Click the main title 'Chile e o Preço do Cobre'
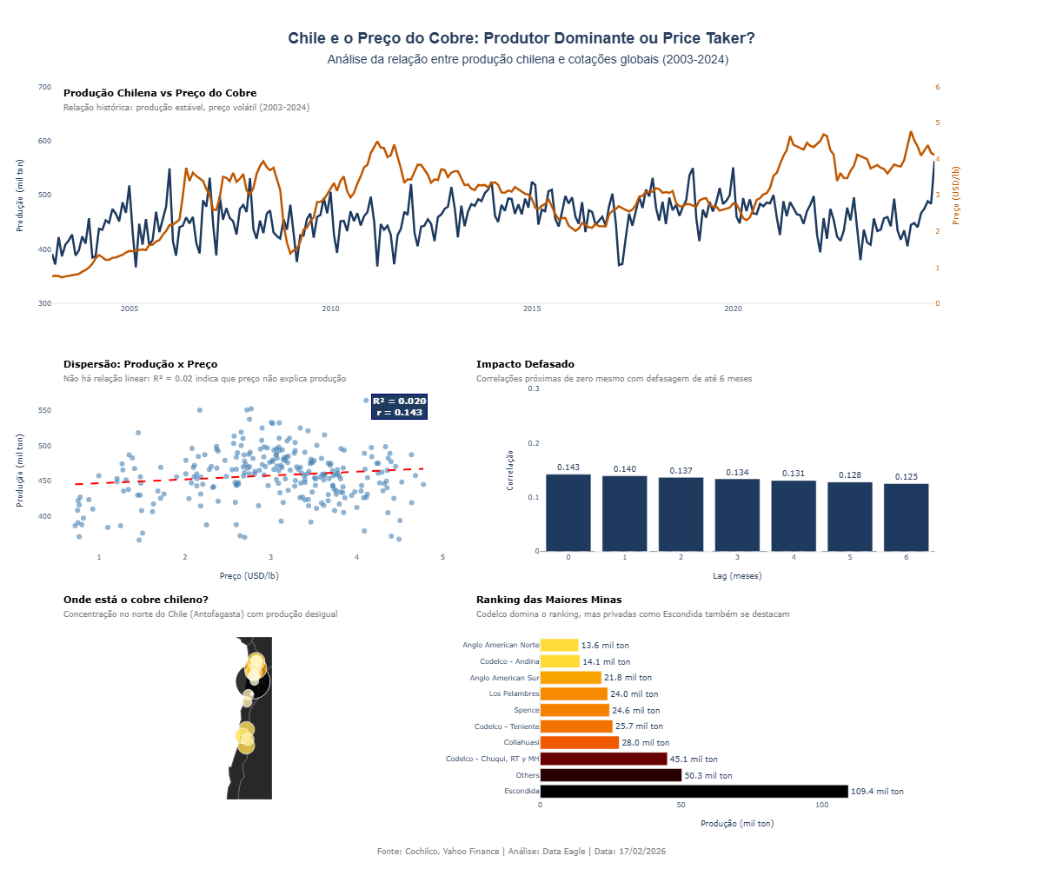pyautogui.click(x=521, y=38)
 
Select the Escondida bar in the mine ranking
pyautogui.click(x=694, y=791)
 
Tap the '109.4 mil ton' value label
pyautogui.click(x=878, y=792)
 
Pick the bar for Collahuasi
pyautogui.click(x=580, y=742)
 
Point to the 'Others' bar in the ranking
pyautogui.click(x=611, y=775)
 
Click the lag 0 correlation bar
pyautogui.click(x=568, y=513)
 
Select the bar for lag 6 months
pyautogui.click(x=907, y=517)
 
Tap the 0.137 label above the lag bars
pyautogui.click(x=681, y=471)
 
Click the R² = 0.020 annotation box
pyautogui.click(x=399, y=407)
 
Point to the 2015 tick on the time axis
pyautogui.click(x=532, y=309)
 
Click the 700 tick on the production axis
pyautogui.click(x=43, y=87)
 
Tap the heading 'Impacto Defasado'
pyautogui.click(x=525, y=364)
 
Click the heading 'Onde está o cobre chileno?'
pyautogui.click(x=136, y=600)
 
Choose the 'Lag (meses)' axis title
pyautogui.click(x=736, y=575)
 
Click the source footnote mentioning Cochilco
pyautogui.click(x=521, y=852)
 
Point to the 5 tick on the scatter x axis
pyautogui.click(x=442, y=557)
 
